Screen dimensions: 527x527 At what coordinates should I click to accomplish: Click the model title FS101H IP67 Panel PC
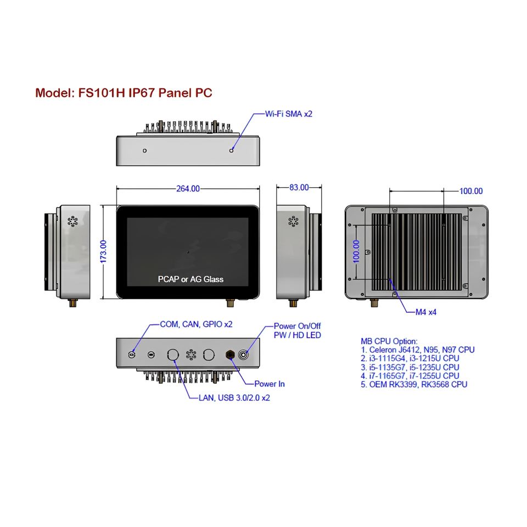coord(124,93)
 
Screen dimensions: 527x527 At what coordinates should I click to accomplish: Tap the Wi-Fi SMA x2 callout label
coord(289,114)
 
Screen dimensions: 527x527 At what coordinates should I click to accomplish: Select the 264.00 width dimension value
coord(188,189)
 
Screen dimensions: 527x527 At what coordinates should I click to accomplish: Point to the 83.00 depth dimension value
coord(299,188)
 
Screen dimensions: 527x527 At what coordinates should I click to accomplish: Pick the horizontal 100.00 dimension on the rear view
coord(470,191)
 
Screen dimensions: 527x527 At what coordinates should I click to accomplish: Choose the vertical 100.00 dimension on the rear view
coord(356,251)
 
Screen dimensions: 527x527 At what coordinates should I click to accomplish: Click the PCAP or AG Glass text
coord(190,279)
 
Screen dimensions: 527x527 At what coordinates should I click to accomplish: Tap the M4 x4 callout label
coord(425,312)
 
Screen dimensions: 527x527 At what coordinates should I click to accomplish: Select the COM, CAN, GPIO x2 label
coord(196,324)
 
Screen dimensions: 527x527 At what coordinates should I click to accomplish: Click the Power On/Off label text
coord(297,326)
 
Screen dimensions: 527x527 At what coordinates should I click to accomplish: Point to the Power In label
coord(269,384)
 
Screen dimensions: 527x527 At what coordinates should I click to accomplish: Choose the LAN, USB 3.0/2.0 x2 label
coord(234,397)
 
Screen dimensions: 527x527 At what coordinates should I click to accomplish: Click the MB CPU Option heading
coord(389,341)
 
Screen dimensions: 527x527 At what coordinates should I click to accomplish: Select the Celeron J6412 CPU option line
coord(418,350)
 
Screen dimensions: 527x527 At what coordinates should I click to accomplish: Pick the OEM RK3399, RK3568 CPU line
coord(414,385)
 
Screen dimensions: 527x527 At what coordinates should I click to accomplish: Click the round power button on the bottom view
coord(244,355)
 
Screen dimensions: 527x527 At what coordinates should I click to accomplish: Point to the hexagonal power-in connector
coord(230,355)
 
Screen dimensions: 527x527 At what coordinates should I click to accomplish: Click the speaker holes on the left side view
coord(72,221)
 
